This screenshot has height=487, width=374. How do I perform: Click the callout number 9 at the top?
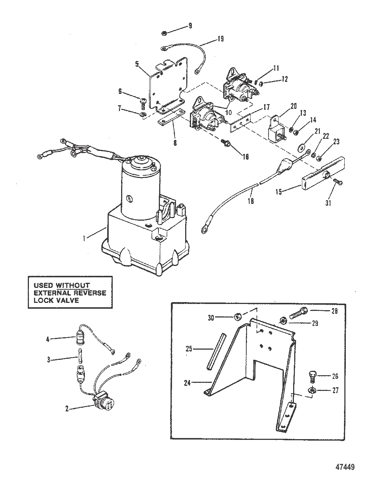click(x=190, y=26)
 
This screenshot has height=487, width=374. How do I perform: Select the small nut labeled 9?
click(x=164, y=33)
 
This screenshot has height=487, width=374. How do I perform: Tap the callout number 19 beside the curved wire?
click(x=221, y=39)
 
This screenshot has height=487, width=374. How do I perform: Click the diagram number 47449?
click(x=345, y=467)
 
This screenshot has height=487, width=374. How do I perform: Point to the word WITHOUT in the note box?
click(x=72, y=285)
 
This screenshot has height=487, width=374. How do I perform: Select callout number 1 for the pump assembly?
click(x=84, y=239)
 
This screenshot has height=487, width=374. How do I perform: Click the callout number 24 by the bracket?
click(x=187, y=383)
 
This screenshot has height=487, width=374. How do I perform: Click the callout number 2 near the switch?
click(x=67, y=408)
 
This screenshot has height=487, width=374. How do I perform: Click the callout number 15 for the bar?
click(x=278, y=192)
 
